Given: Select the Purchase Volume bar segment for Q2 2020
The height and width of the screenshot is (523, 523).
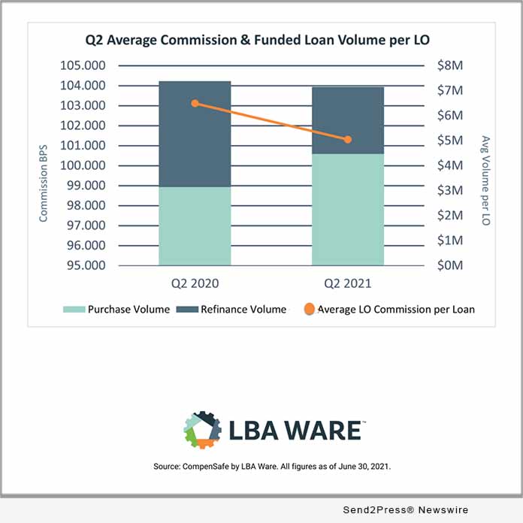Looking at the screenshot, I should click(x=195, y=225).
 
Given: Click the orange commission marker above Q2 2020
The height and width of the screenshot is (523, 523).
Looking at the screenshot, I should click(x=195, y=103).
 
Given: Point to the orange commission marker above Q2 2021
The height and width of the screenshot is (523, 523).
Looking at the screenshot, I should click(x=348, y=140).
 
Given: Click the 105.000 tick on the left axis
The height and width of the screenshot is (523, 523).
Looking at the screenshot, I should click(x=83, y=65).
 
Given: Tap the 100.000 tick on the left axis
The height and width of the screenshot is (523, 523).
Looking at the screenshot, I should click(x=83, y=165).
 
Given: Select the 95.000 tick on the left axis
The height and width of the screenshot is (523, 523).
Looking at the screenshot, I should click(x=83, y=265).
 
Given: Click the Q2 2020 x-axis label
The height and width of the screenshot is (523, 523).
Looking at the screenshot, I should click(x=194, y=284).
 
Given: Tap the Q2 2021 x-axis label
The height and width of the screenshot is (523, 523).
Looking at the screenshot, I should click(x=347, y=284).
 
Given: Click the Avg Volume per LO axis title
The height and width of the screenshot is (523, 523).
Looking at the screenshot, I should click(x=485, y=180).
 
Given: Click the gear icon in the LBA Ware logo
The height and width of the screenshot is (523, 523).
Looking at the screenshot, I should click(x=202, y=430).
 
